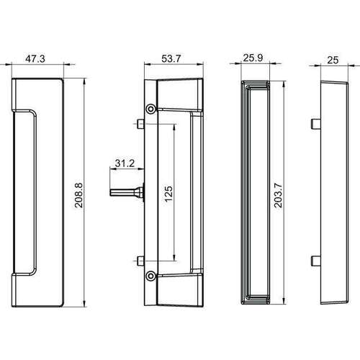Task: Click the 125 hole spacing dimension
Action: coord(168,194)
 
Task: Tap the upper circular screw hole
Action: coord(150,109)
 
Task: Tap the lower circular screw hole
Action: coord(150,276)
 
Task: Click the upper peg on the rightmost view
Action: coord(315,123)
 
